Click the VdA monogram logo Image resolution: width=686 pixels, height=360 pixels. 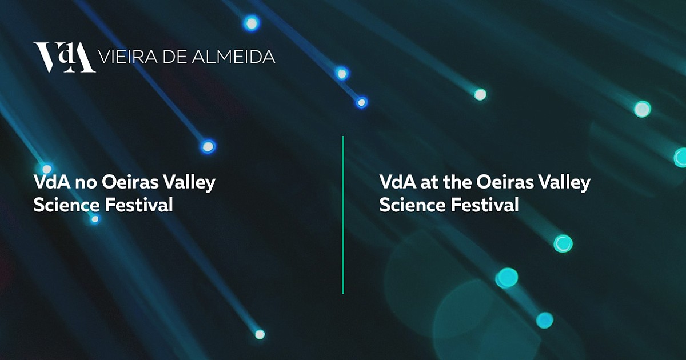[x=64, y=57]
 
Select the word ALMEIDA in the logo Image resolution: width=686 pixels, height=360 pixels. [x=233, y=57]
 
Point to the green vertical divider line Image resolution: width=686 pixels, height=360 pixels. [x=343, y=215]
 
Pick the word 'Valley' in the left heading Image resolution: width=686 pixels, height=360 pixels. [x=189, y=183]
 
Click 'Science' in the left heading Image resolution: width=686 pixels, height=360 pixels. [x=67, y=205]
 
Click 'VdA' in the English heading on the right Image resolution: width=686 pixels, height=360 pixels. [x=398, y=182]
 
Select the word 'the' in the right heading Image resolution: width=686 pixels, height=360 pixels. [x=457, y=182]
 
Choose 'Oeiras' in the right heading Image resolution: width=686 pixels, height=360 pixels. [x=505, y=182]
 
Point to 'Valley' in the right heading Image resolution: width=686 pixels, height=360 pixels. [x=564, y=183]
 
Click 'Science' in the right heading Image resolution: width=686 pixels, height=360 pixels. [x=413, y=205]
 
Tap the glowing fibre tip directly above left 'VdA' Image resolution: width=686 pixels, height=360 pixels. [x=47, y=169]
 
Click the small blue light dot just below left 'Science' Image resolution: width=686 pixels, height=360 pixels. [x=95, y=219]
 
